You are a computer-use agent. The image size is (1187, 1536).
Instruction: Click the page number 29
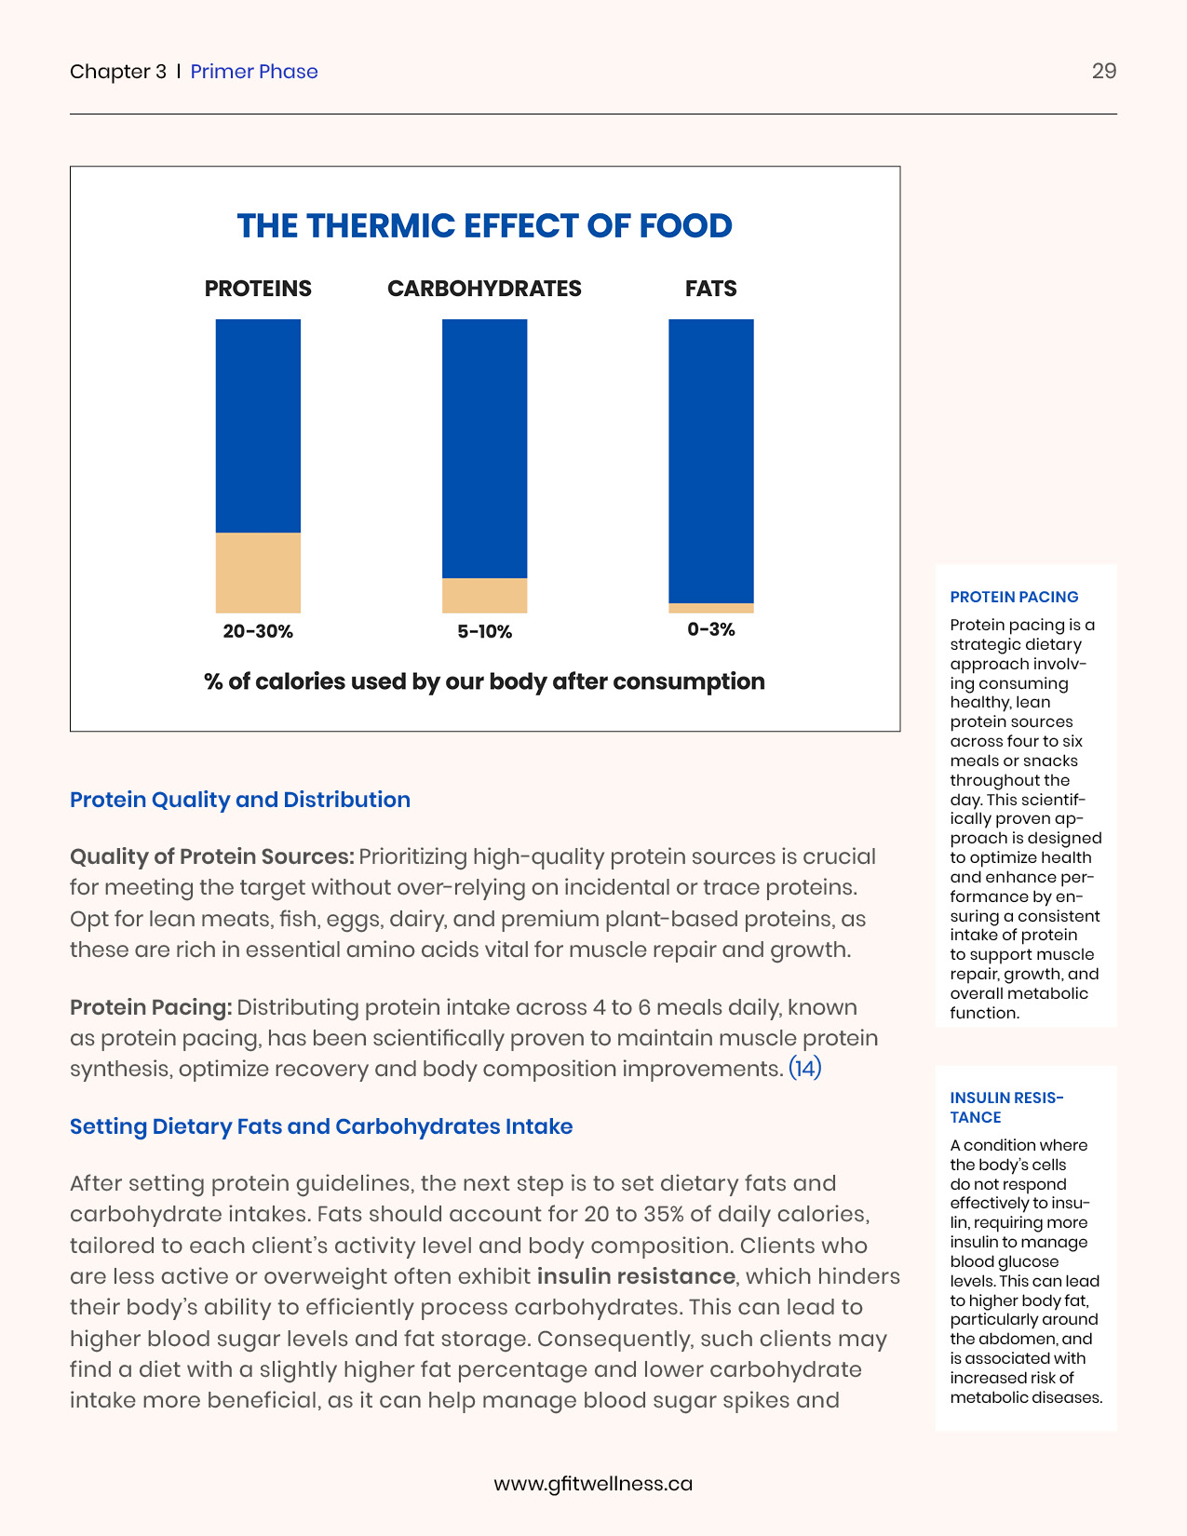[1103, 72]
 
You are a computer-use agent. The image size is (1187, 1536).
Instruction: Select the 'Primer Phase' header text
[254, 72]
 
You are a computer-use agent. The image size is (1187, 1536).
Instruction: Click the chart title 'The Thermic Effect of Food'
[484, 226]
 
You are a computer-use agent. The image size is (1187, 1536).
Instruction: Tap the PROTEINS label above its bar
[258, 289]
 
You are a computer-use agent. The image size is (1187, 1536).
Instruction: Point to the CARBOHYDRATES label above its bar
[484, 289]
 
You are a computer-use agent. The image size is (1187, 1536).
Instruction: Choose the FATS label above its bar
[710, 289]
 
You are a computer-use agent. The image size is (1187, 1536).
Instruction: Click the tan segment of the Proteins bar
[258, 573]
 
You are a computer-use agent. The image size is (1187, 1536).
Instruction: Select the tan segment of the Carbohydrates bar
[484, 595]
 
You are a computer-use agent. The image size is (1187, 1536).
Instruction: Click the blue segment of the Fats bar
[710, 461]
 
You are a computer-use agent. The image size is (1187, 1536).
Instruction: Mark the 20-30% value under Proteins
[258, 631]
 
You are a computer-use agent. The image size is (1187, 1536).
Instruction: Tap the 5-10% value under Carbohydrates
[484, 632]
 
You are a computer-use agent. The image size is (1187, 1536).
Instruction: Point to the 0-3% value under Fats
[710, 629]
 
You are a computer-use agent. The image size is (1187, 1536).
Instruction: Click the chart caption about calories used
[484, 681]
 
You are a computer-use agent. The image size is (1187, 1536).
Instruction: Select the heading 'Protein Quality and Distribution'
[240, 800]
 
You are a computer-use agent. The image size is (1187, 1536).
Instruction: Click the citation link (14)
[804, 1068]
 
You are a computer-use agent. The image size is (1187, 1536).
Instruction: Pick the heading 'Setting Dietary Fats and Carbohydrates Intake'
[321, 1126]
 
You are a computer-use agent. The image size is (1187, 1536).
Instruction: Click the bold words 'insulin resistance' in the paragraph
[636, 1275]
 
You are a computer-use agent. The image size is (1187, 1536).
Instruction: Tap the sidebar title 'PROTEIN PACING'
[1014, 597]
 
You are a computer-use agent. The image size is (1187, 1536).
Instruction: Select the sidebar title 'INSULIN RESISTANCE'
[1006, 1107]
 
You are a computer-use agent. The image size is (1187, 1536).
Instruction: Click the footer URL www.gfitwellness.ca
[593, 1483]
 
